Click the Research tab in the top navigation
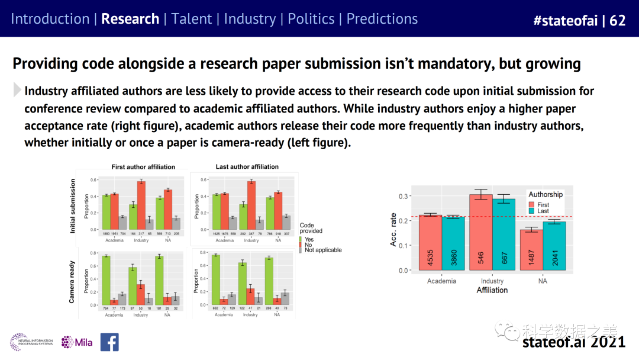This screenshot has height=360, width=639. (130, 19)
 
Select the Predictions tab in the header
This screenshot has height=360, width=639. (382, 19)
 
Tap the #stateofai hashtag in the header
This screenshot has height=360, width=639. (564, 21)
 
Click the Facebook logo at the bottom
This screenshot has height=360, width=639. (109, 342)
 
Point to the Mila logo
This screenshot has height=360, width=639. (77, 342)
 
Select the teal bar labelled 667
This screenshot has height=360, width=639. (504, 234)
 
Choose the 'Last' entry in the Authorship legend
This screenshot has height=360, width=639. (543, 211)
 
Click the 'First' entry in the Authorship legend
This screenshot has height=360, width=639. (543, 204)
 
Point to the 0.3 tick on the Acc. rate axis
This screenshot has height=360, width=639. (403, 196)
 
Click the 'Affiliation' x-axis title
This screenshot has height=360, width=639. (492, 290)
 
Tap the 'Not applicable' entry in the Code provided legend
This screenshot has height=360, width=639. (322, 250)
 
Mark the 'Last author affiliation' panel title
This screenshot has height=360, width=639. (247, 166)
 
